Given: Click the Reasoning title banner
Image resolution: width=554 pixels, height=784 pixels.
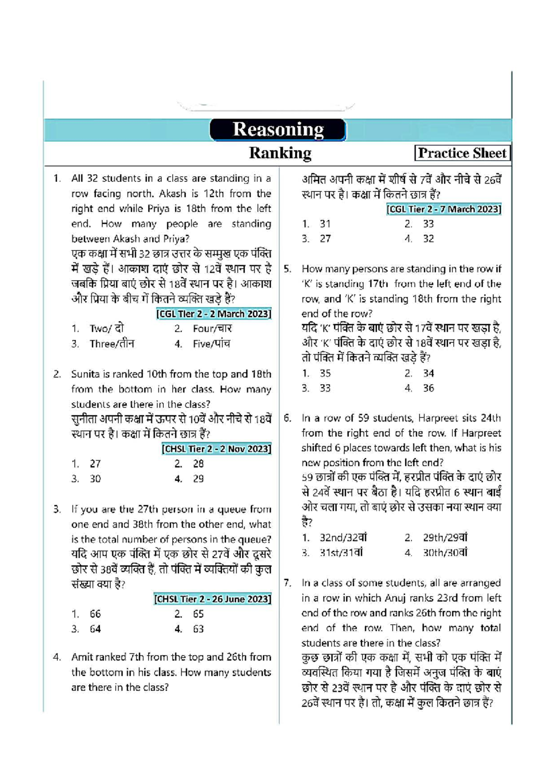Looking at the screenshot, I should tap(277, 130).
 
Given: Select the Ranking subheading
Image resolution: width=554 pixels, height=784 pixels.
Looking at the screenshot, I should tap(280, 153).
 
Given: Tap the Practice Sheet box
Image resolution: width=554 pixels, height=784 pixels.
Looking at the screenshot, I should tap(462, 153).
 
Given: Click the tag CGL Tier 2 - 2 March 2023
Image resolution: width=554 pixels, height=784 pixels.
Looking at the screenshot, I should tap(214, 314).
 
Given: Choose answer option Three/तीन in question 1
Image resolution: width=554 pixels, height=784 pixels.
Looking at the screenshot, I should tap(111, 344).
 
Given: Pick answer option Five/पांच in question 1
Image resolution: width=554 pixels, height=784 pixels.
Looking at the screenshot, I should tap(211, 344).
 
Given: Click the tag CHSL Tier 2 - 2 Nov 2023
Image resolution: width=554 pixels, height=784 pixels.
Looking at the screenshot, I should tap(217, 449).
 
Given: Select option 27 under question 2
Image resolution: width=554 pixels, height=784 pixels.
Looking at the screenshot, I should tap(95, 464).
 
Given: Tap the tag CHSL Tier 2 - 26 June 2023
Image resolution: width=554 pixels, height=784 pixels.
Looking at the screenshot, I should tap(212, 599).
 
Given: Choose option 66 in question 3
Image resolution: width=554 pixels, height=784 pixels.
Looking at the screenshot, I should tap(95, 614).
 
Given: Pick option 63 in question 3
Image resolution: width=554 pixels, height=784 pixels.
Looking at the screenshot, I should tap(198, 629).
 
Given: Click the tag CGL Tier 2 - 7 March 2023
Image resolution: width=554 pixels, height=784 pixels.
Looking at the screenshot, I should tap(444, 209).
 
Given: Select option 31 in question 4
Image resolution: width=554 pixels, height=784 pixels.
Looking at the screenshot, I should tap(325, 224).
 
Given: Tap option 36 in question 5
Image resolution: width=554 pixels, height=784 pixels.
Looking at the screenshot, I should tap(428, 388).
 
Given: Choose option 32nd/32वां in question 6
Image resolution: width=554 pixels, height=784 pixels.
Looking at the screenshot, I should tap(343, 538).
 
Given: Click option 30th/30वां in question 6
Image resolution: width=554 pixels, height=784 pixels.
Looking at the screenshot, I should tap(445, 553).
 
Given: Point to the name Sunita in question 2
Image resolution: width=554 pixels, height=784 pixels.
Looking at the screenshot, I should tap(84, 374).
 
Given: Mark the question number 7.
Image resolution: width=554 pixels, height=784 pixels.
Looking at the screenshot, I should tap(288, 583).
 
